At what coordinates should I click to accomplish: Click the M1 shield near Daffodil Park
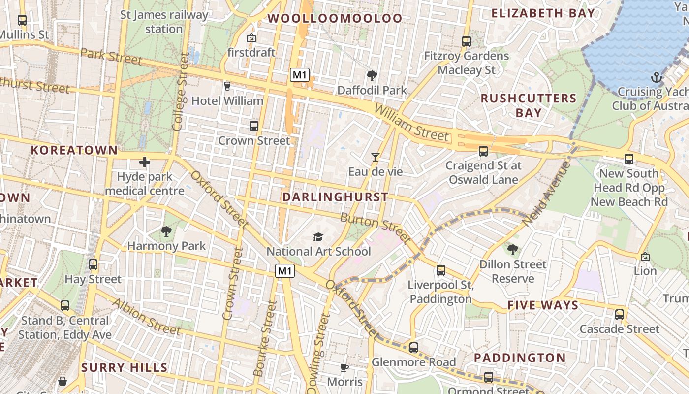click(x=299, y=75)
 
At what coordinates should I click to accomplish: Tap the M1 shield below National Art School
click(x=285, y=270)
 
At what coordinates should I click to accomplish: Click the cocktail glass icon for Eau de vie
click(x=376, y=157)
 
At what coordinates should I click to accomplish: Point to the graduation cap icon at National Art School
click(x=318, y=237)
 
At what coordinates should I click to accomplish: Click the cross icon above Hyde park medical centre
click(x=145, y=162)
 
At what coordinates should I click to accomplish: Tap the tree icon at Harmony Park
click(x=166, y=231)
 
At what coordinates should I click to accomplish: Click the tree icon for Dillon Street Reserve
click(x=513, y=250)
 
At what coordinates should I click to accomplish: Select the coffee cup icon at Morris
click(x=344, y=367)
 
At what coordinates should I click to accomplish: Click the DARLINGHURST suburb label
click(x=336, y=197)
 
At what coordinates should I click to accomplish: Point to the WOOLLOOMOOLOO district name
click(x=335, y=18)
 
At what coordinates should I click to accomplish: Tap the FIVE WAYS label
click(x=543, y=305)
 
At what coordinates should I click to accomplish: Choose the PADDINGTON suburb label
click(x=520, y=358)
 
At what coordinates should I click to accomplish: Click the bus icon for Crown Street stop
click(x=254, y=126)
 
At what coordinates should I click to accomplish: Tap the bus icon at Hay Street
click(x=93, y=264)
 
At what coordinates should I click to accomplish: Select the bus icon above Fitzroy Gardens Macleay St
click(x=466, y=41)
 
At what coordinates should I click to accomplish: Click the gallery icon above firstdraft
click(x=251, y=38)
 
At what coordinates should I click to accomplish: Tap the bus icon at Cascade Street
click(x=619, y=314)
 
